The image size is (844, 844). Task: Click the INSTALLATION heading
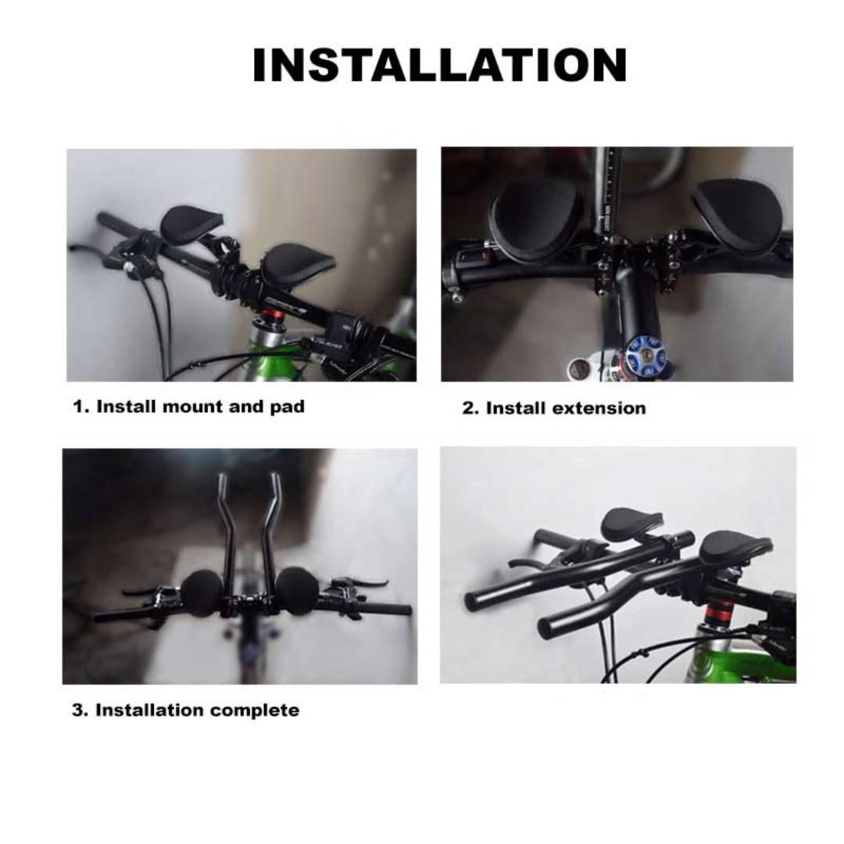click(x=439, y=66)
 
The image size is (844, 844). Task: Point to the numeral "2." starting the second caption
click(x=470, y=408)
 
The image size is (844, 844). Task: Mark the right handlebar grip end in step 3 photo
click(x=406, y=610)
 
